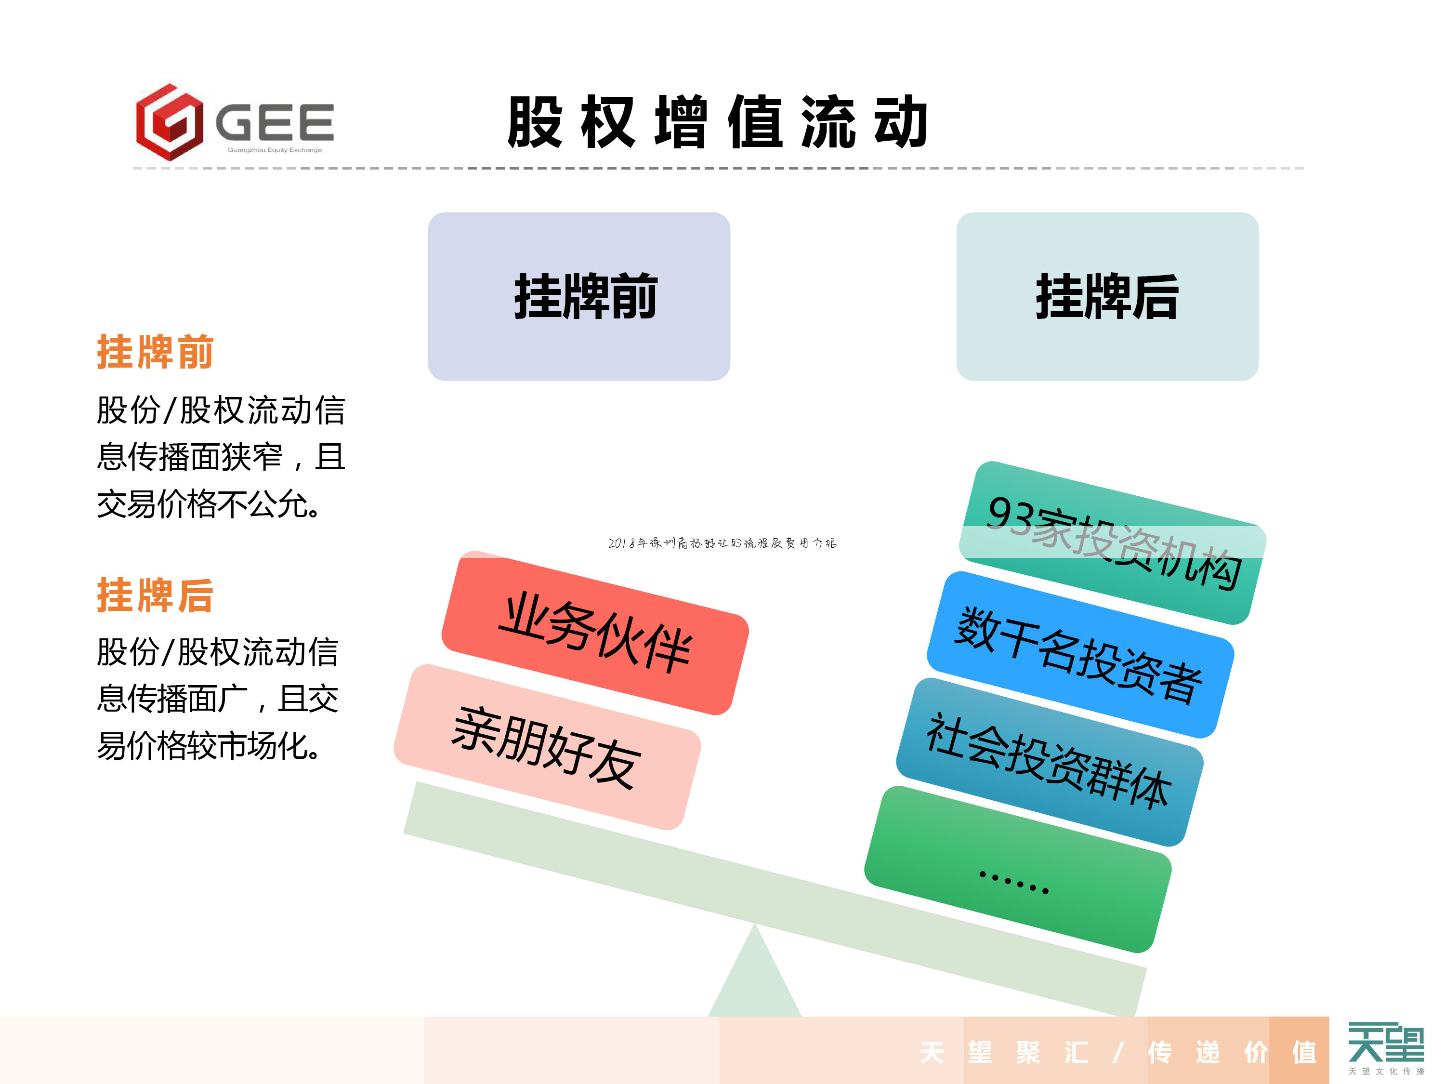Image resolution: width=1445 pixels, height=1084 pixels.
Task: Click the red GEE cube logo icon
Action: [169, 122]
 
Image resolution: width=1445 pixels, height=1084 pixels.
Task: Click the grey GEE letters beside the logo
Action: [275, 122]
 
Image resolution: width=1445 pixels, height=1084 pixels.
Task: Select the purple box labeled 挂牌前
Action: [579, 296]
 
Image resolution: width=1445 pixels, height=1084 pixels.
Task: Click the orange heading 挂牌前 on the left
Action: [155, 352]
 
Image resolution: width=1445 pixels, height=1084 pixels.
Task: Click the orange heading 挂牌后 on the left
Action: [155, 595]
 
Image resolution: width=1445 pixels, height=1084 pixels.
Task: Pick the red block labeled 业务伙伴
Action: [594, 633]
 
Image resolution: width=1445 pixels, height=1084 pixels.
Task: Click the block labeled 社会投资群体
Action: [1049, 761]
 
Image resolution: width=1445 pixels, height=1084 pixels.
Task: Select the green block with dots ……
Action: [1017, 869]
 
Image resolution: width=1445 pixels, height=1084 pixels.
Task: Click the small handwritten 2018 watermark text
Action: [722, 543]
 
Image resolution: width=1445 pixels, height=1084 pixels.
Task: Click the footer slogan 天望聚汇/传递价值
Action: [1117, 1053]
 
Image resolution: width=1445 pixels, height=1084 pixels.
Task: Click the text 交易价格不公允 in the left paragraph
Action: [208, 504]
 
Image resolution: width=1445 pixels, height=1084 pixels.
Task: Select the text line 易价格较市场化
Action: [208, 745]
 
